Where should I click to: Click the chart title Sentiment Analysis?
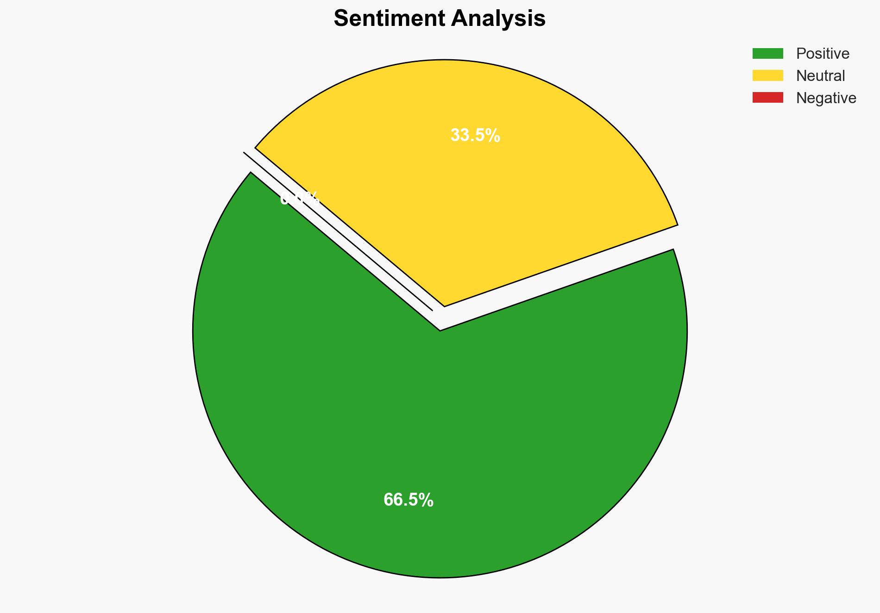(x=440, y=19)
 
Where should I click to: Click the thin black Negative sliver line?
(x=338, y=231)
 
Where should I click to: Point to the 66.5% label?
(x=408, y=500)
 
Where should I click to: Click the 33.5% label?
(x=475, y=136)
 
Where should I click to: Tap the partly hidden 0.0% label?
(x=299, y=199)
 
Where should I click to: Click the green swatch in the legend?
(x=767, y=54)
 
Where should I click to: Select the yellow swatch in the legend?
(x=767, y=75)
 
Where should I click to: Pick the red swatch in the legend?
(x=767, y=98)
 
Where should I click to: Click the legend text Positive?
(x=823, y=54)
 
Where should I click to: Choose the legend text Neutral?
(x=820, y=76)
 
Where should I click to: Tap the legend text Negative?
(x=826, y=98)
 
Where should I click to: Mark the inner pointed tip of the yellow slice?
(x=444, y=305)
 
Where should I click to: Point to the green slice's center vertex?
(x=440, y=330)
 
